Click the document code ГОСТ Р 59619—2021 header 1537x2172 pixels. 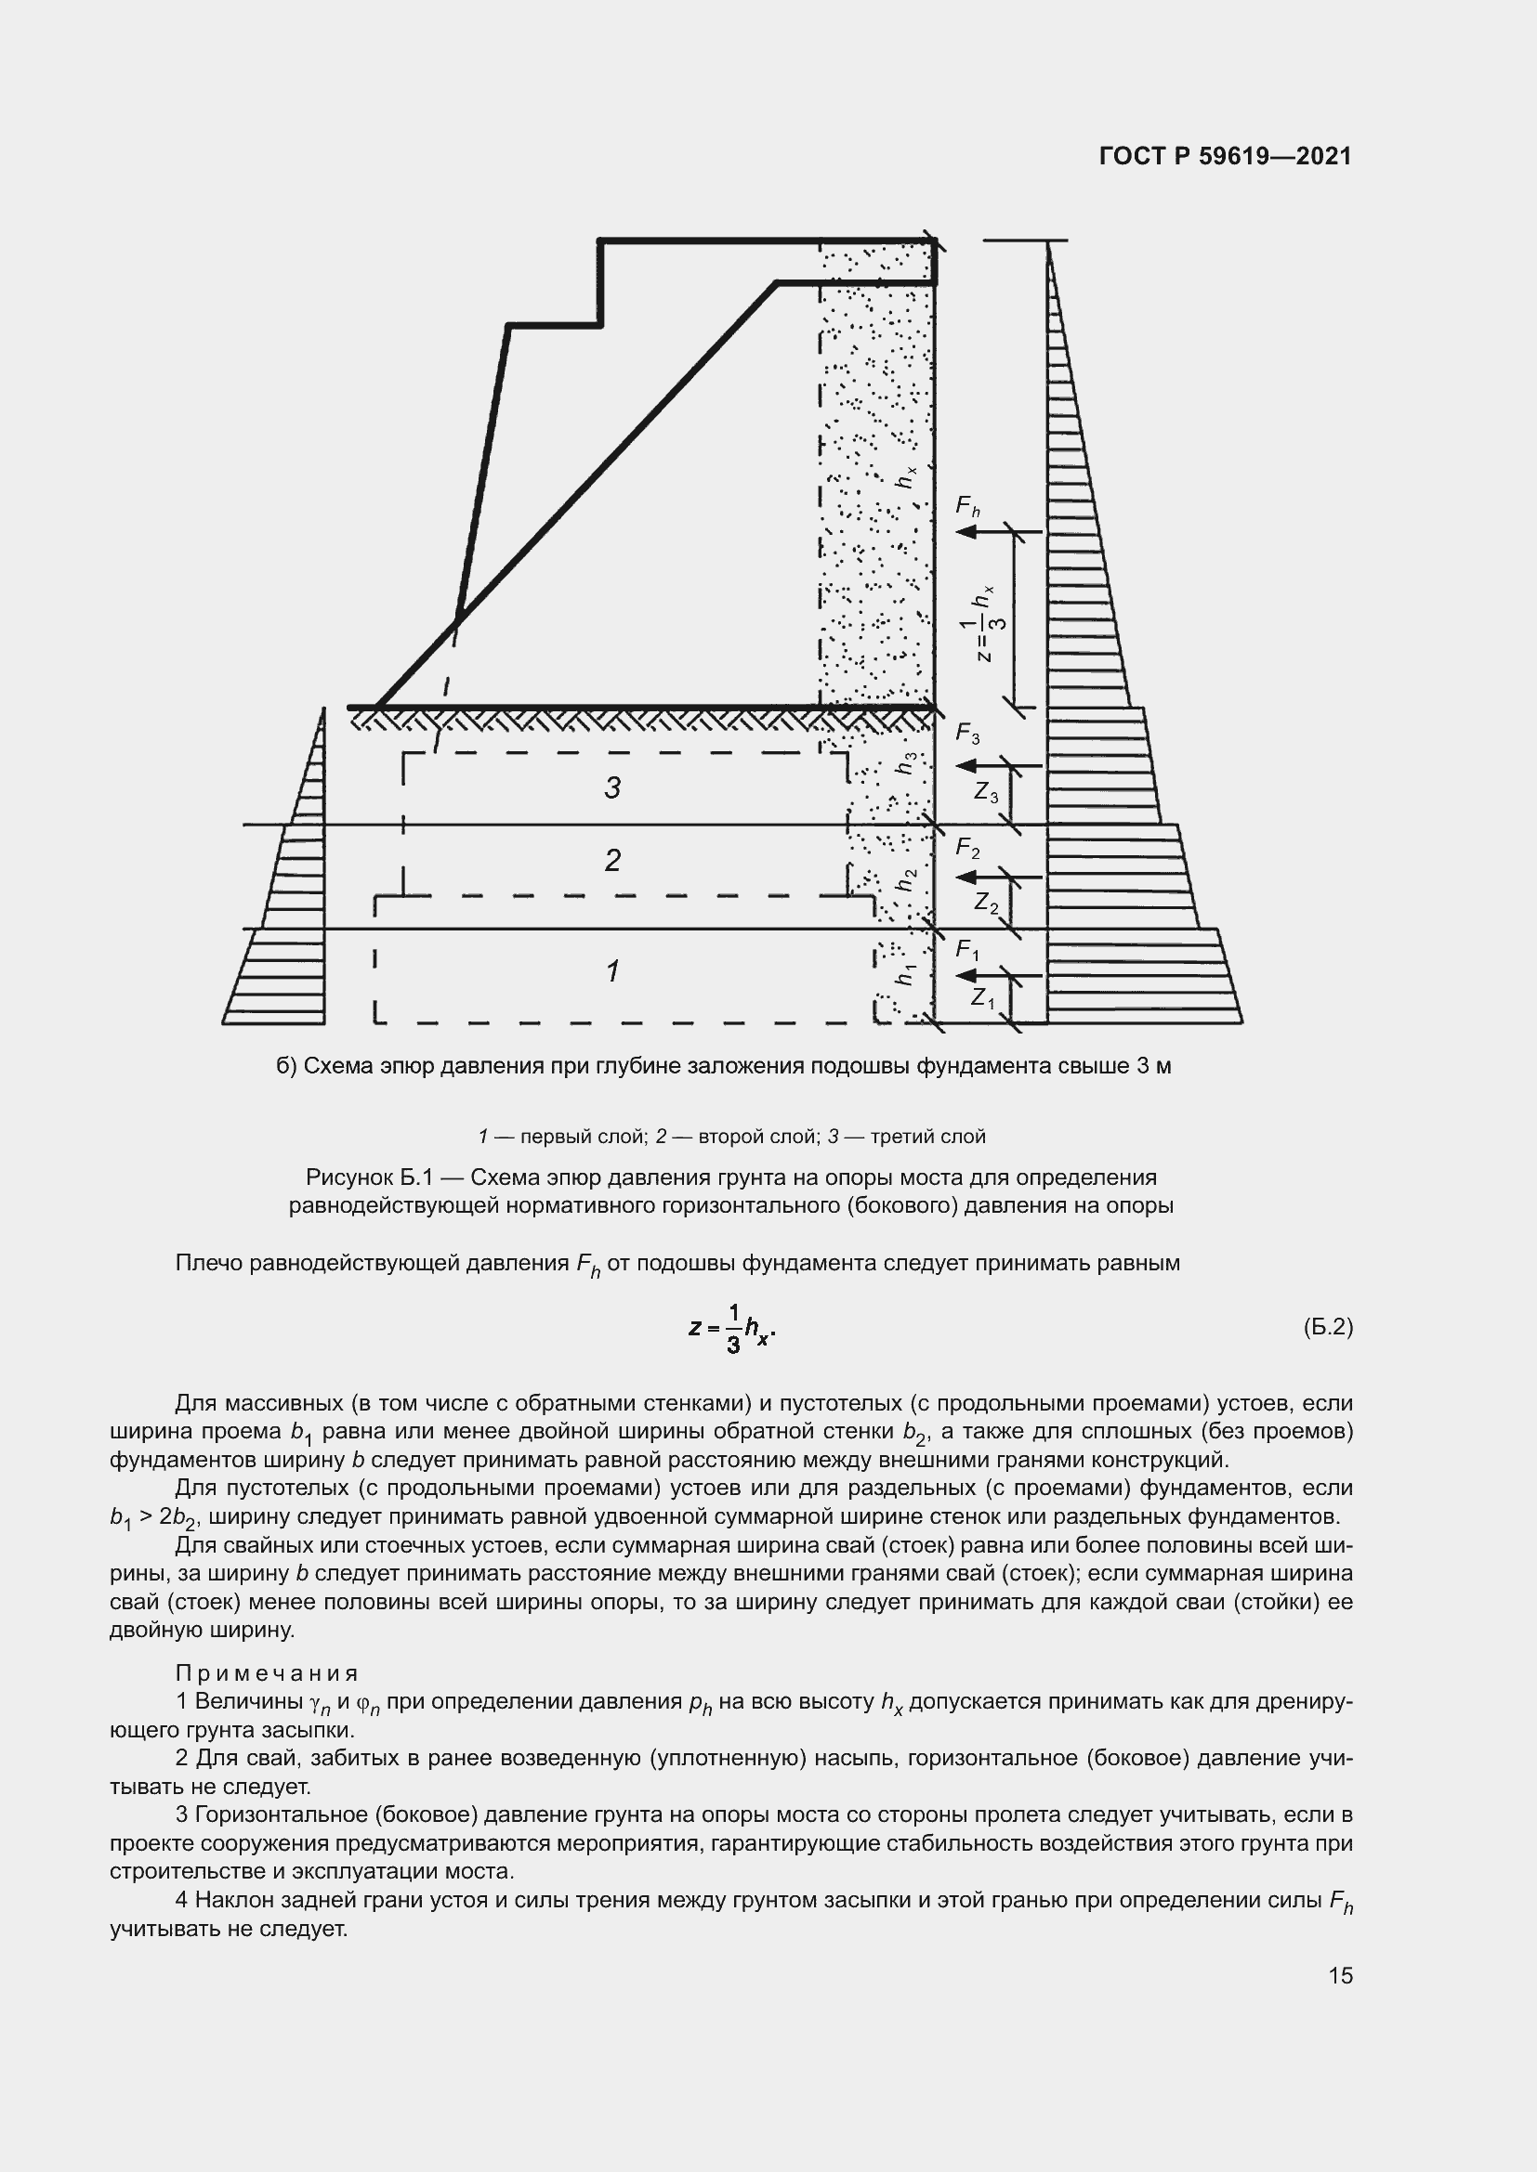coord(1226,156)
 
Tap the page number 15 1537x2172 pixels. coord(1340,1975)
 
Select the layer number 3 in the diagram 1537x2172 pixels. coord(612,787)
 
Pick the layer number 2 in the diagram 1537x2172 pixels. coord(612,860)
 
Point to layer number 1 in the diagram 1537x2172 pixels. coord(612,970)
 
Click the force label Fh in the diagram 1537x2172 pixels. coord(967,507)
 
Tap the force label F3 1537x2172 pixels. coord(967,732)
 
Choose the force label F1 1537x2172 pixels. coord(967,949)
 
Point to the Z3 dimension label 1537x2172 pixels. coord(986,792)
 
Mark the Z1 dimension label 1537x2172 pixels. coord(983,997)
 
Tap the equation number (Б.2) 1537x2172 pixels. coord(1328,1327)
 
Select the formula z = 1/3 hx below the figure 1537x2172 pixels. coord(732,1328)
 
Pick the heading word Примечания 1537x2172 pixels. coord(267,1673)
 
